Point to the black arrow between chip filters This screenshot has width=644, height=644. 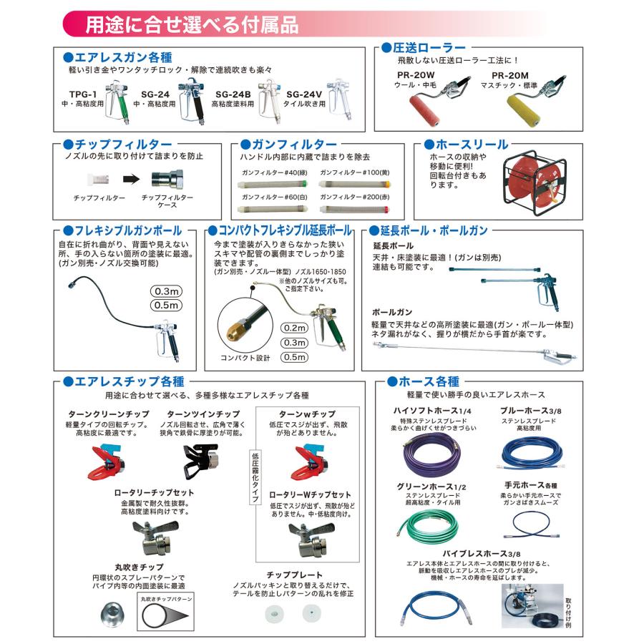click(129, 181)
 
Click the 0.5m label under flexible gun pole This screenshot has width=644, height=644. click(167, 306)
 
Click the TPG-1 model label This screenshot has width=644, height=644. click(83, 93)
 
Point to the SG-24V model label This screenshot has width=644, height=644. click(303, 93)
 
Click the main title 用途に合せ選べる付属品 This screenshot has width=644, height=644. click(192, 24)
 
